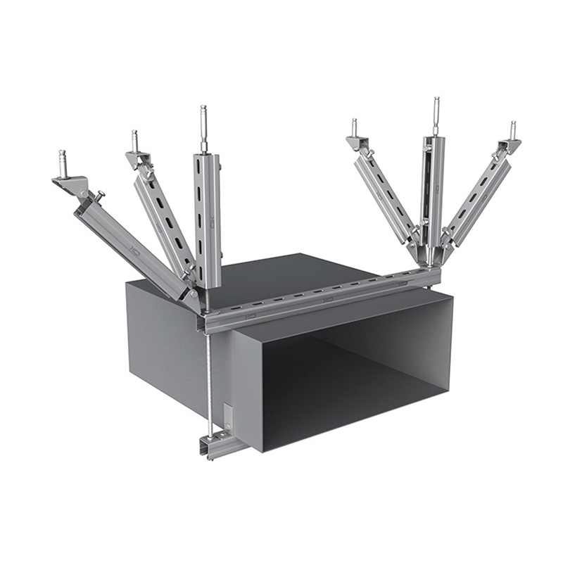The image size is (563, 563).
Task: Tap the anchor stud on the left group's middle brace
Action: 134,139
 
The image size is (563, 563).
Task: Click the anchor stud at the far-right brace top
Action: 513,130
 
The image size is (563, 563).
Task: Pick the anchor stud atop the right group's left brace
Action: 354,127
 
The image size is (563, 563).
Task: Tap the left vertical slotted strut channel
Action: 207,218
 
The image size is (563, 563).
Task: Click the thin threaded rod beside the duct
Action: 210,380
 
